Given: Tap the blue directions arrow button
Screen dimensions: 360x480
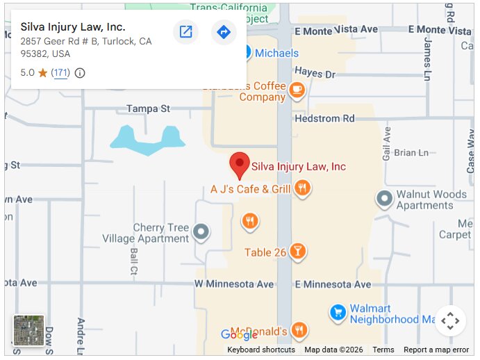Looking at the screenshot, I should [224, 32].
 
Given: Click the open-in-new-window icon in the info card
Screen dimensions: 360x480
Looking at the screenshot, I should [185, 32].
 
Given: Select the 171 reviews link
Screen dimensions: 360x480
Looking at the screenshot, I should [61, 73].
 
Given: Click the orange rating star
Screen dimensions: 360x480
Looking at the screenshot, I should [43, 73].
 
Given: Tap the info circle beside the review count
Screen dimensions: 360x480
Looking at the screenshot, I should [80, 73].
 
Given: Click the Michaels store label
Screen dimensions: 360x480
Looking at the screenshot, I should [276, 54].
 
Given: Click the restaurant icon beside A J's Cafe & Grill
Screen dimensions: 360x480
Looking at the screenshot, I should [301, 188].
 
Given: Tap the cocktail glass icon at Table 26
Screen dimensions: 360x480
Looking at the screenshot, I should [297, 252].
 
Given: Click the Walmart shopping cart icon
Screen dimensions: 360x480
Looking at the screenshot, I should [338, 312].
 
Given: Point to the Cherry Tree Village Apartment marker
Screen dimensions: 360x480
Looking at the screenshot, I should [201, 231].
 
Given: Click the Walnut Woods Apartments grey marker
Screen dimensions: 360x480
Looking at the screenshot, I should [384, 199].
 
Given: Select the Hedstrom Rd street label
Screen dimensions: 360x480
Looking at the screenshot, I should [324, 119].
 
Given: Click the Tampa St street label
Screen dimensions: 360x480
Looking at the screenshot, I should [148, 109].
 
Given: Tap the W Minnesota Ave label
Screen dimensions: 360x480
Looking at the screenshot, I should [234, 284].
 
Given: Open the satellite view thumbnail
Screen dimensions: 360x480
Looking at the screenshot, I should [28, 331].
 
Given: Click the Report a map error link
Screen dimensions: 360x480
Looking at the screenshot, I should [436, 350].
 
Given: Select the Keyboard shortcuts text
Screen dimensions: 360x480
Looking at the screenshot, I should [261, 350].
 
